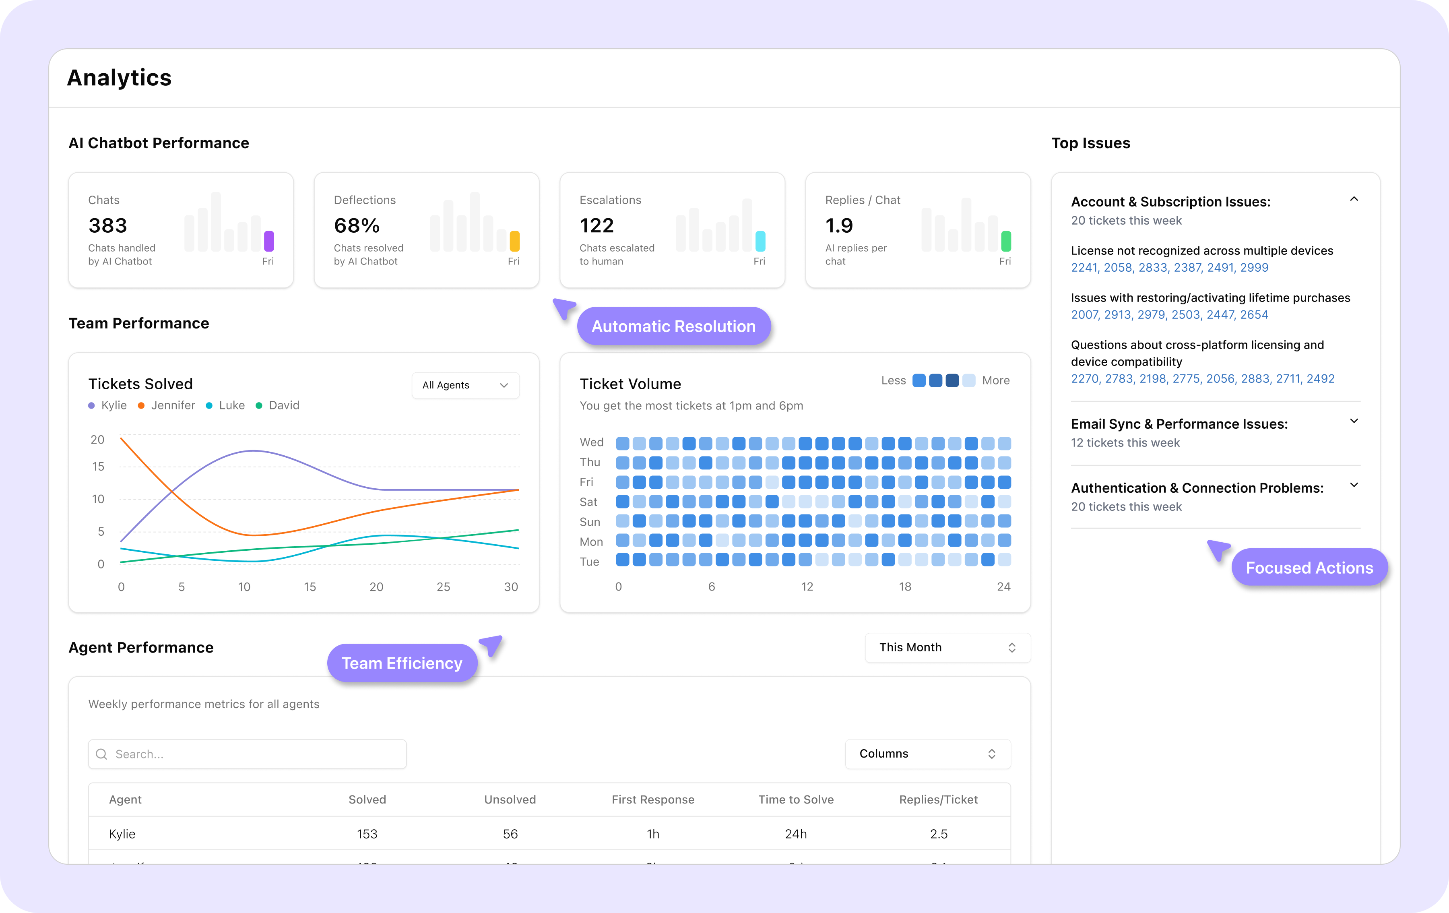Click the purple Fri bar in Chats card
[269, 241]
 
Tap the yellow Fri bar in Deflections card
[514, 241]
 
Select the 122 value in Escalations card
[597, 226]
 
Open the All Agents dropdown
[465, 385]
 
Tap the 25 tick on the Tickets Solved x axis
[443, 587]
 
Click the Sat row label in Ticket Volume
[588, 502]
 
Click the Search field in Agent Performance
[247, 754]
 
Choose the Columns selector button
[927, 754]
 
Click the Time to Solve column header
[795, 799]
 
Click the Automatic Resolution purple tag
[673, 326]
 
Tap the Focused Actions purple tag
[1309, 568]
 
